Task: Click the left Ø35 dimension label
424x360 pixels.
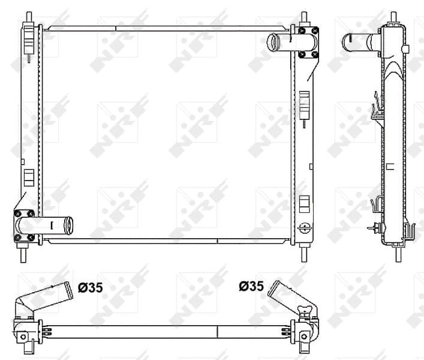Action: click(91, 287)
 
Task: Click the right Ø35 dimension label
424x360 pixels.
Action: click(251, 287)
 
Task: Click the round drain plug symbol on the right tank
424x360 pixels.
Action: click(305, 227)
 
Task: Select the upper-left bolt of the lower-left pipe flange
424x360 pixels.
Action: click(18, 214)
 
